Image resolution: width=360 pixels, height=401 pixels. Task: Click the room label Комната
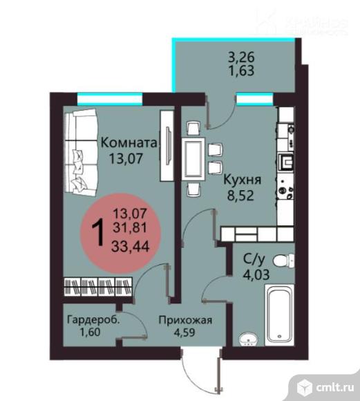[x=129, y=143]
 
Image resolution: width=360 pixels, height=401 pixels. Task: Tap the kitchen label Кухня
[x=241, y=178]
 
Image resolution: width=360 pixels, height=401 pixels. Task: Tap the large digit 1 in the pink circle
[x=100, y=232]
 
